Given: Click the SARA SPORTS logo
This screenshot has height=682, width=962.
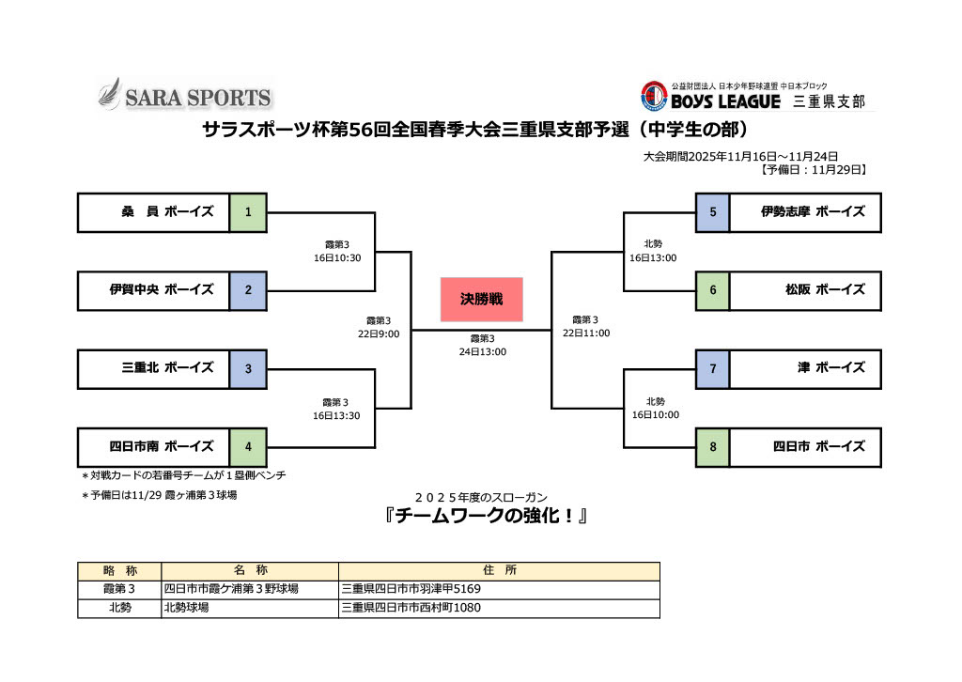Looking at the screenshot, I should [185, 96].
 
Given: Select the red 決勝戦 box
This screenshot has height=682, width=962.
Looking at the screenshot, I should [481, 299].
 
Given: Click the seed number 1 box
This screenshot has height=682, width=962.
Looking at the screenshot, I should [248, 212].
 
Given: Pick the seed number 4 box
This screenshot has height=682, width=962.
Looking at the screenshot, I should [248, 447].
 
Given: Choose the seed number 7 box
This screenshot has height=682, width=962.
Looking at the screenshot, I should [713, 368].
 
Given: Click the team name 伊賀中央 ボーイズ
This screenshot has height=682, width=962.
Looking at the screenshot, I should [162, 290].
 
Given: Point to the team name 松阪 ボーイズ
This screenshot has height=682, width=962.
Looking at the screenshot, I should [814, 290].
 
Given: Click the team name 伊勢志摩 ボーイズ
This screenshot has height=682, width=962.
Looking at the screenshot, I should [813, 212].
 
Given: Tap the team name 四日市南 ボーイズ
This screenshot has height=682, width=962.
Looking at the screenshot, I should [162, 447].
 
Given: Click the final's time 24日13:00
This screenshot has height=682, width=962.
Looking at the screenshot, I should [483, 352].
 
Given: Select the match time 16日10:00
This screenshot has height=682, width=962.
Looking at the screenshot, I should [656, 414].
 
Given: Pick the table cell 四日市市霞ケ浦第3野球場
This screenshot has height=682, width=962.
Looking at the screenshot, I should [231, 589].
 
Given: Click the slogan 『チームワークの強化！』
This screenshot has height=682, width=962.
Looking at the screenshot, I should [480, 517].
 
